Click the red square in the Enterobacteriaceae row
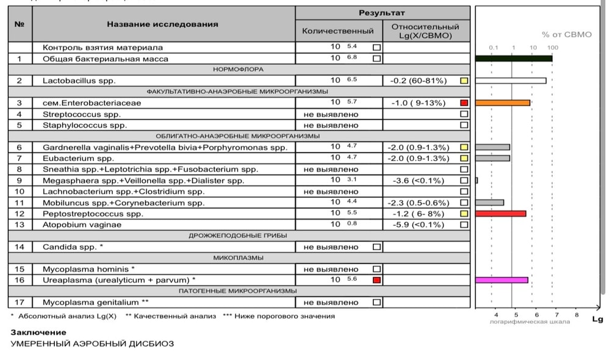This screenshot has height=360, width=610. (464, 103)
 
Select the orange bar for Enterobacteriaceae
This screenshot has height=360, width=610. (503, 103)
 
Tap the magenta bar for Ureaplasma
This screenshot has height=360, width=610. (501, 280)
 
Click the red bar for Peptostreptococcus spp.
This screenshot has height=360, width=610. (500, 214)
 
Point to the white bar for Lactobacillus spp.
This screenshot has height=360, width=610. (511, 81)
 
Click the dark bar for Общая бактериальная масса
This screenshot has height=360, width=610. (514, 59)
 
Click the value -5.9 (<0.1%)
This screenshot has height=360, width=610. (420, 225)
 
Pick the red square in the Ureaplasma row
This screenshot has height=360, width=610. (376, 280)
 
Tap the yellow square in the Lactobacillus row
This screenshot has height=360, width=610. (464, 81)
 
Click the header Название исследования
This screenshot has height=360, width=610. (162, 24)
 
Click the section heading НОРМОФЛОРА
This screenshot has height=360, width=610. (238, 70)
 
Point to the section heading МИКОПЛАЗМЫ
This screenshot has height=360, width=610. (238, 257)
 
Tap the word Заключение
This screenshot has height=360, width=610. (38, 333)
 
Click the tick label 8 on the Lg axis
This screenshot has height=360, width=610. (576, 315)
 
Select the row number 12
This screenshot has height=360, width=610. (20, 214)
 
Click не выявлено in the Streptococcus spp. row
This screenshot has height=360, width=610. (331, 114)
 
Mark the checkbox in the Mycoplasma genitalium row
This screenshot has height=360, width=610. (376, 302)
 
